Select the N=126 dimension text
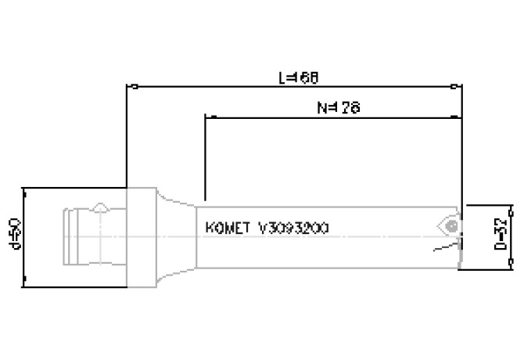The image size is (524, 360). point(338,107)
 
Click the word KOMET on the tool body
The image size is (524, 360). point(227,228)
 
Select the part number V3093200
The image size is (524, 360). point(293,228)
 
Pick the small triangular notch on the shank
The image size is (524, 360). point(100,209)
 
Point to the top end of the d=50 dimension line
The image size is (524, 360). point(26,189)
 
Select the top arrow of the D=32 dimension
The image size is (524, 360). point(510,207)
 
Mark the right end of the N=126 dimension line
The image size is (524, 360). point(460,117)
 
